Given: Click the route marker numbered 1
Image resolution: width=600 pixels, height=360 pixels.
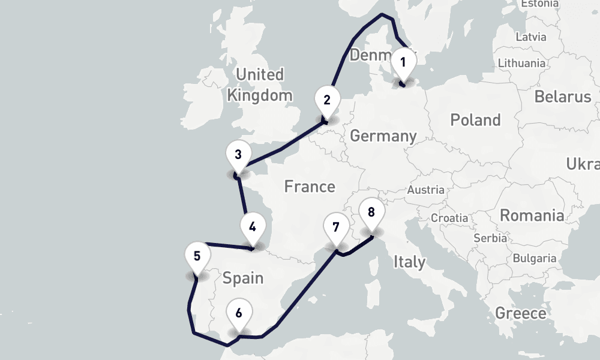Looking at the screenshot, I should [403, 62].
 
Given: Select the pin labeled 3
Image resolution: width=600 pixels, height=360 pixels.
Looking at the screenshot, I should [238, 155].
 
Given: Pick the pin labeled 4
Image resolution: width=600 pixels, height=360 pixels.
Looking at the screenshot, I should [253, 228].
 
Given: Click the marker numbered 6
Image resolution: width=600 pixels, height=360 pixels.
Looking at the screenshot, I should [239, 313].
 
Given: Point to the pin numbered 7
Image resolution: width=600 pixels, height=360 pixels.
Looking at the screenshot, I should [335, 228].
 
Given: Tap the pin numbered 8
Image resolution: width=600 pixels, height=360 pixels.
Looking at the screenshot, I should [371, 212].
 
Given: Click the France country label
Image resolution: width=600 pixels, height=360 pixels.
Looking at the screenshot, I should [310, 187].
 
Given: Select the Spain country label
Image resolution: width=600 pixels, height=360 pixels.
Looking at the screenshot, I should [243, 278].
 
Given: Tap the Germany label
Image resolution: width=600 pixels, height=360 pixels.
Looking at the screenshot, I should [383, 136].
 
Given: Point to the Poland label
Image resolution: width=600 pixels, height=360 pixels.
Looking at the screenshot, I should [475, 120].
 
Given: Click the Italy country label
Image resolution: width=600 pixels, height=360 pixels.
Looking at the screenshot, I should [410, 262].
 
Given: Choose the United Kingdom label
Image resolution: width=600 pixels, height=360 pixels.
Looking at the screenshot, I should [260, 85].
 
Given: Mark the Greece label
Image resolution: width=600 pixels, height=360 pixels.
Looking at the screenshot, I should [520, 313].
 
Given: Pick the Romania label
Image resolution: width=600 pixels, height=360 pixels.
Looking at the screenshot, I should [532, 215].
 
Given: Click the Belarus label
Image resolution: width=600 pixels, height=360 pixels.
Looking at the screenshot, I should [563, 97].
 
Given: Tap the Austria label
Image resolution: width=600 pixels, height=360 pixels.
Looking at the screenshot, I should [425, 190].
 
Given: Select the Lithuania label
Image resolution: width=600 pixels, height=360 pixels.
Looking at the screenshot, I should [521, 63].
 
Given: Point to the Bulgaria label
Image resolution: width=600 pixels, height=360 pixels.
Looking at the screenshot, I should [535, 259].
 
